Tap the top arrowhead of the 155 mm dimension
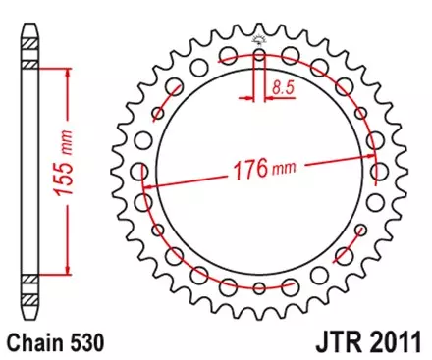tap(67, 72)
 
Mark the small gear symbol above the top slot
tap(259, 40)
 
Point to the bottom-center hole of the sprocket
tap(259, 287)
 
